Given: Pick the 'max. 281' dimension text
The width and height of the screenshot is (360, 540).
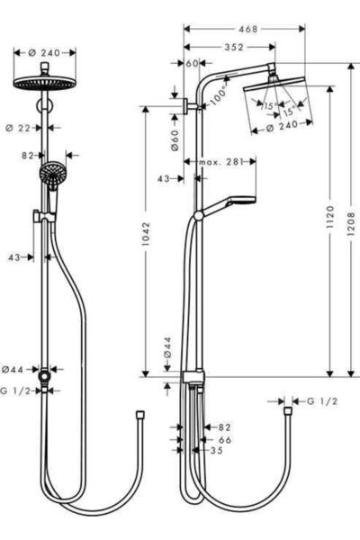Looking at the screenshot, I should point(221,162).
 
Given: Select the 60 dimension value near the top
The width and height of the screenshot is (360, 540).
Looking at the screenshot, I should point(193,63).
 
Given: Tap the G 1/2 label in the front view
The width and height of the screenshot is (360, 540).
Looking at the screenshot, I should point(16,391).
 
